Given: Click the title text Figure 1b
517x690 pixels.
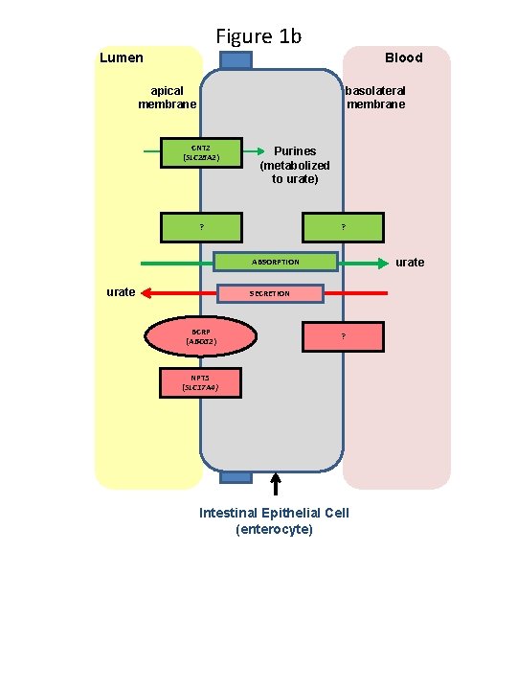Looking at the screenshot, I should (258, 36).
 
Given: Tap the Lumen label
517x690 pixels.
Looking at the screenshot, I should (122, 57).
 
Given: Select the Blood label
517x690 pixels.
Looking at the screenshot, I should (403, 57).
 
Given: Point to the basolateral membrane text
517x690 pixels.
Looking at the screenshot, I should (375, 97).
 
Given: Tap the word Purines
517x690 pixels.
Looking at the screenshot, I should (295, 150).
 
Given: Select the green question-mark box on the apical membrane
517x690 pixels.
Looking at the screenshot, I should (201, 227).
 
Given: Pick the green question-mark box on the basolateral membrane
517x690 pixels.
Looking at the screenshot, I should (343, 227).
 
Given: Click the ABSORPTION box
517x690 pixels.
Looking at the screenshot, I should (275, 262).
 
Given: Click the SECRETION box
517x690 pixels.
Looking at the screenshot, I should (270, 293).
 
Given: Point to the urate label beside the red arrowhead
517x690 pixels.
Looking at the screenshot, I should (120, 292).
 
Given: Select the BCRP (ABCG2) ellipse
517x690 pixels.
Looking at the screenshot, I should (201, 336).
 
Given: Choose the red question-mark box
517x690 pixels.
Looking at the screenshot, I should (343, 336).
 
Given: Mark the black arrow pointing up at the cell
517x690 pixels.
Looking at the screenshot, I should (276, 484).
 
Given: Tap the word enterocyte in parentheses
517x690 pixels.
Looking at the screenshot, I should (274, 528).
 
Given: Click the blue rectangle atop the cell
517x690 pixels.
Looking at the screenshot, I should (236, 60).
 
